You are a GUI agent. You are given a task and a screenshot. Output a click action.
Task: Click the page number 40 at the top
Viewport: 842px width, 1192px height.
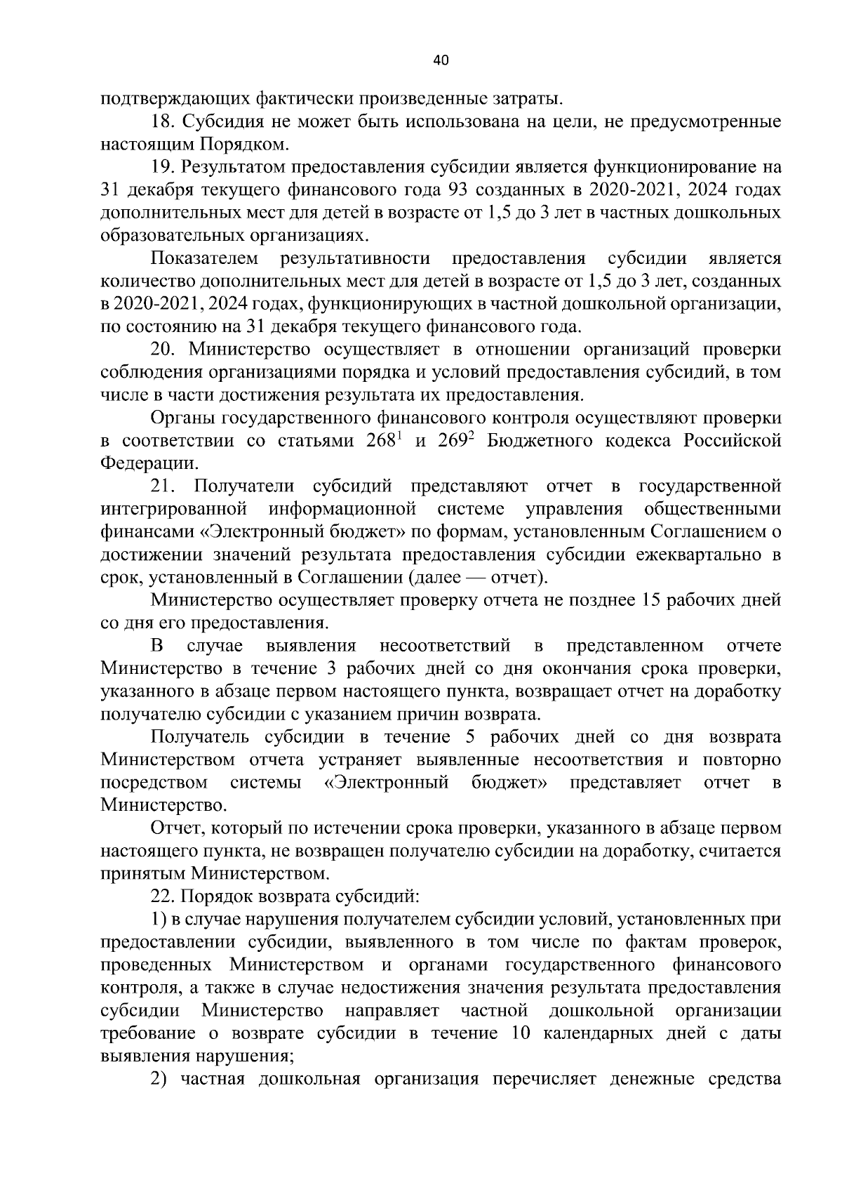(441, 60)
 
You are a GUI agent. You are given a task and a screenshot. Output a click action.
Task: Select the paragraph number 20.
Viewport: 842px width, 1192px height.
(165, 350)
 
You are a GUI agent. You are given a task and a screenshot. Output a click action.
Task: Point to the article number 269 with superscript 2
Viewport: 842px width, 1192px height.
(454, 441)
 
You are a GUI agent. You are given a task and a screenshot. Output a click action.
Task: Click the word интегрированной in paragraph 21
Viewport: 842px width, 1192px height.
(173, 509)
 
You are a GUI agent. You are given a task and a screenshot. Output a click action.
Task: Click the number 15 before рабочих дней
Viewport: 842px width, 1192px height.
(648, 600)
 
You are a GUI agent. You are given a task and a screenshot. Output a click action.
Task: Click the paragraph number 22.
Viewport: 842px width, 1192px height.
(165, 896)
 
